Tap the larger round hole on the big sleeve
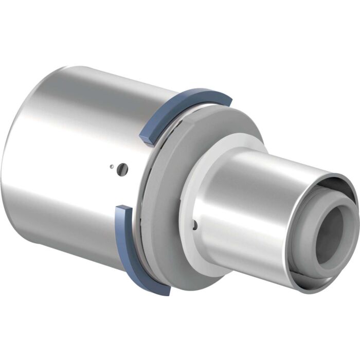pyautogui.click(x=121, y=168)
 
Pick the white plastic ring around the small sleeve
pyautogui.click(x=193, y=170)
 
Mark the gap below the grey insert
pyautogui.click(x=309, y=280)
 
